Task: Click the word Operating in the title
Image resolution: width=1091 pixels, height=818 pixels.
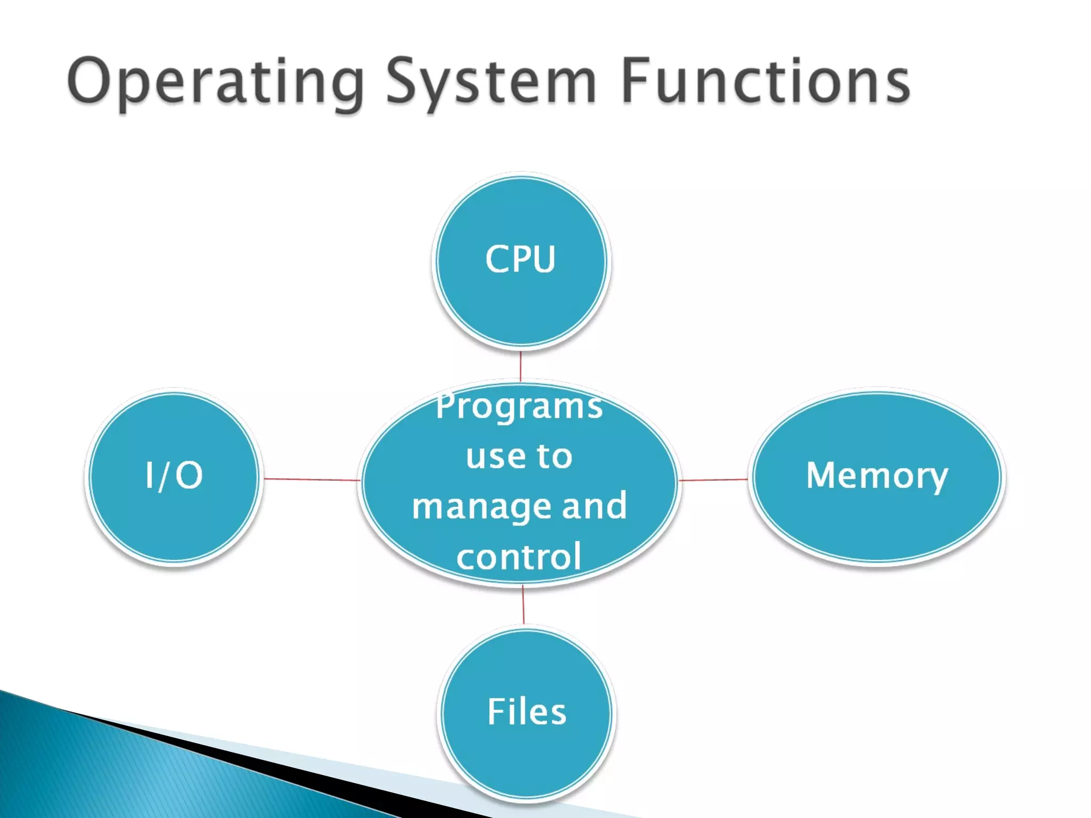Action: tap(216, 83)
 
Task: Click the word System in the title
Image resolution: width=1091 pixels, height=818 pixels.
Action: tap(490, 83)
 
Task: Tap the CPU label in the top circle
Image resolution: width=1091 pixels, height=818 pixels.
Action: tap(520, 259)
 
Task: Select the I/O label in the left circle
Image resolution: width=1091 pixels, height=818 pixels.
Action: tap(174, 475)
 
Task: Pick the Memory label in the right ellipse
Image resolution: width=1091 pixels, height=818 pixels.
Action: tap(877, 475)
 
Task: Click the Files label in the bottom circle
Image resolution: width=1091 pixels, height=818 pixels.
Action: tap(527, 711)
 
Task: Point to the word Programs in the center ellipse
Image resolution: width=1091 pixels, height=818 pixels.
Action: tap(519, 406)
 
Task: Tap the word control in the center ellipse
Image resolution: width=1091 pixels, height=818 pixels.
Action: tap(519, 557)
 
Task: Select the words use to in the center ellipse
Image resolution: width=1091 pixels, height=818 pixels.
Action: tap(519, 456)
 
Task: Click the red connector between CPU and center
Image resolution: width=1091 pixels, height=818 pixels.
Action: tap(520, 366)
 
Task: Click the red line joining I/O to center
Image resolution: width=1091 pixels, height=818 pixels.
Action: tap(312, 479)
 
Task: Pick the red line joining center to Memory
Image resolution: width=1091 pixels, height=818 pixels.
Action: tap(713, 480)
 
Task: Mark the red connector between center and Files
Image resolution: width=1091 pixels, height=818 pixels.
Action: tap(523, 604)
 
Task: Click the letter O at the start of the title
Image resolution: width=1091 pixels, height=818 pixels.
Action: tap(88, 81)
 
